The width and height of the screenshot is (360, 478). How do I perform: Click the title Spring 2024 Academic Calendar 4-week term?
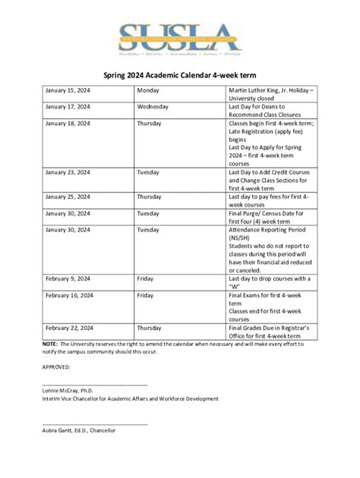[180, 75]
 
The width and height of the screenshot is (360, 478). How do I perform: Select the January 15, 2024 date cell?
[68, 91]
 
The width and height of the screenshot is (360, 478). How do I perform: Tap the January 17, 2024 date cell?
[68, 107]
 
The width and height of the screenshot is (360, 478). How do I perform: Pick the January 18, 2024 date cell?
[68, 123]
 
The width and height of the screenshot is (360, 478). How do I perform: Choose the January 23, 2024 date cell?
[68, 172]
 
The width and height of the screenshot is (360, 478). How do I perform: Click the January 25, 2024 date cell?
[68, 197]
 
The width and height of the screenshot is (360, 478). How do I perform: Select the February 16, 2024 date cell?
[69, 295]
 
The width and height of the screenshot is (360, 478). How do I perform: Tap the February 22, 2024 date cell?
[69, 328]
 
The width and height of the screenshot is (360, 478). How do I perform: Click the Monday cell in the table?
[148, 91]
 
